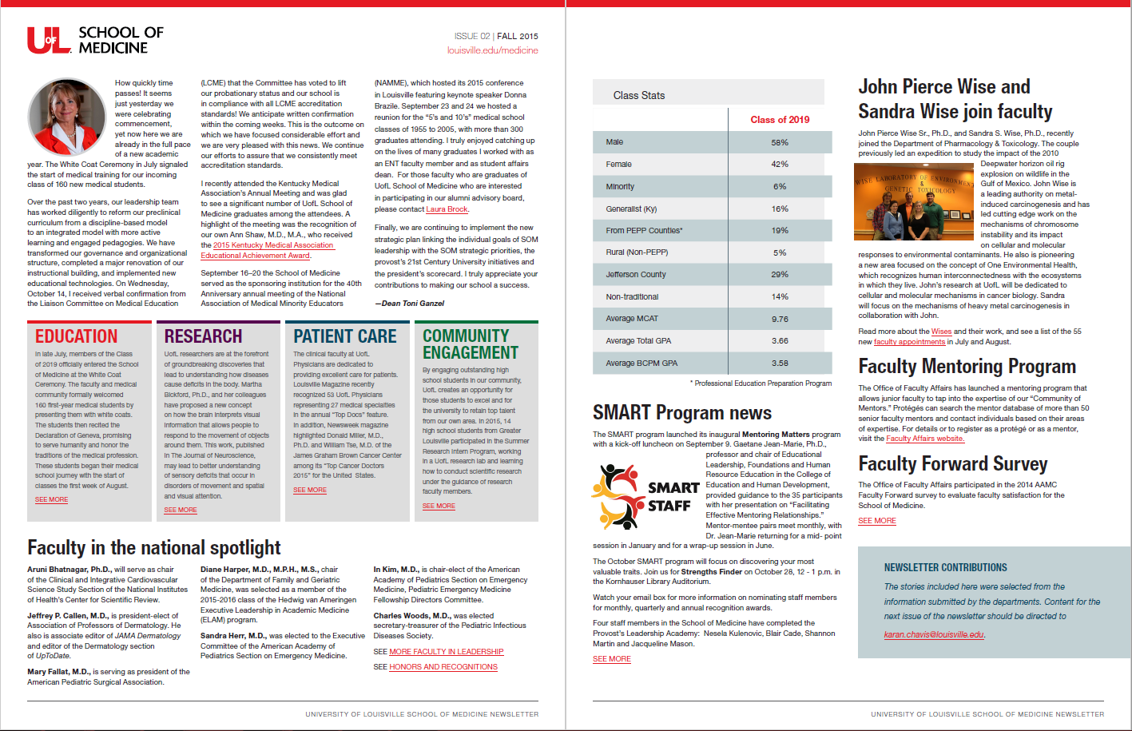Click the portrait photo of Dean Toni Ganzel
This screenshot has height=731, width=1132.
click(x=68, y=116)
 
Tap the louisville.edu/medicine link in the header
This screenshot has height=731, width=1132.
click(x=492, y=50)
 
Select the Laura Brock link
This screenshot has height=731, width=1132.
click(x=447, y=209)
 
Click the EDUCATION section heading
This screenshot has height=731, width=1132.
click(x=77, y=336)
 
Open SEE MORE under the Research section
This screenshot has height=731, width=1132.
click(x=181, y=510)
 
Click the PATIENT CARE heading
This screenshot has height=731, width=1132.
click(x=345, y=336)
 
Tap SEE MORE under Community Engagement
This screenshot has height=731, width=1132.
click(x=439, y=506)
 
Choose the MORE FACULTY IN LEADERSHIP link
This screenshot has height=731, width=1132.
click(x=446, y=652)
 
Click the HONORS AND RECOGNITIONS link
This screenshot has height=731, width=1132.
click(x=443, y=667)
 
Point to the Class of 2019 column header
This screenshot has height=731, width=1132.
click(x=780, y=120)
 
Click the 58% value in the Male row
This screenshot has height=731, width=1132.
click(x=780, y=142)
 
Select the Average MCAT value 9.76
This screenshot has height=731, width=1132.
click(x=780, y=319)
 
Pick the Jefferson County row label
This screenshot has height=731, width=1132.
click(x=636, y=274)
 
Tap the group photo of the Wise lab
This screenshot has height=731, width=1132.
click(x=915, y=201)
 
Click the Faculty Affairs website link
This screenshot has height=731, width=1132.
click(x=924, y=439)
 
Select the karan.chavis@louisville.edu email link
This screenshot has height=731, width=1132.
click(x=934, y=634)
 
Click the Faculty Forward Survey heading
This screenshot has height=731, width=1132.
click(x=952, y=464)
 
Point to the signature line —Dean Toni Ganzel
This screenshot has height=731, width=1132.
click(x=409, y=304)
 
